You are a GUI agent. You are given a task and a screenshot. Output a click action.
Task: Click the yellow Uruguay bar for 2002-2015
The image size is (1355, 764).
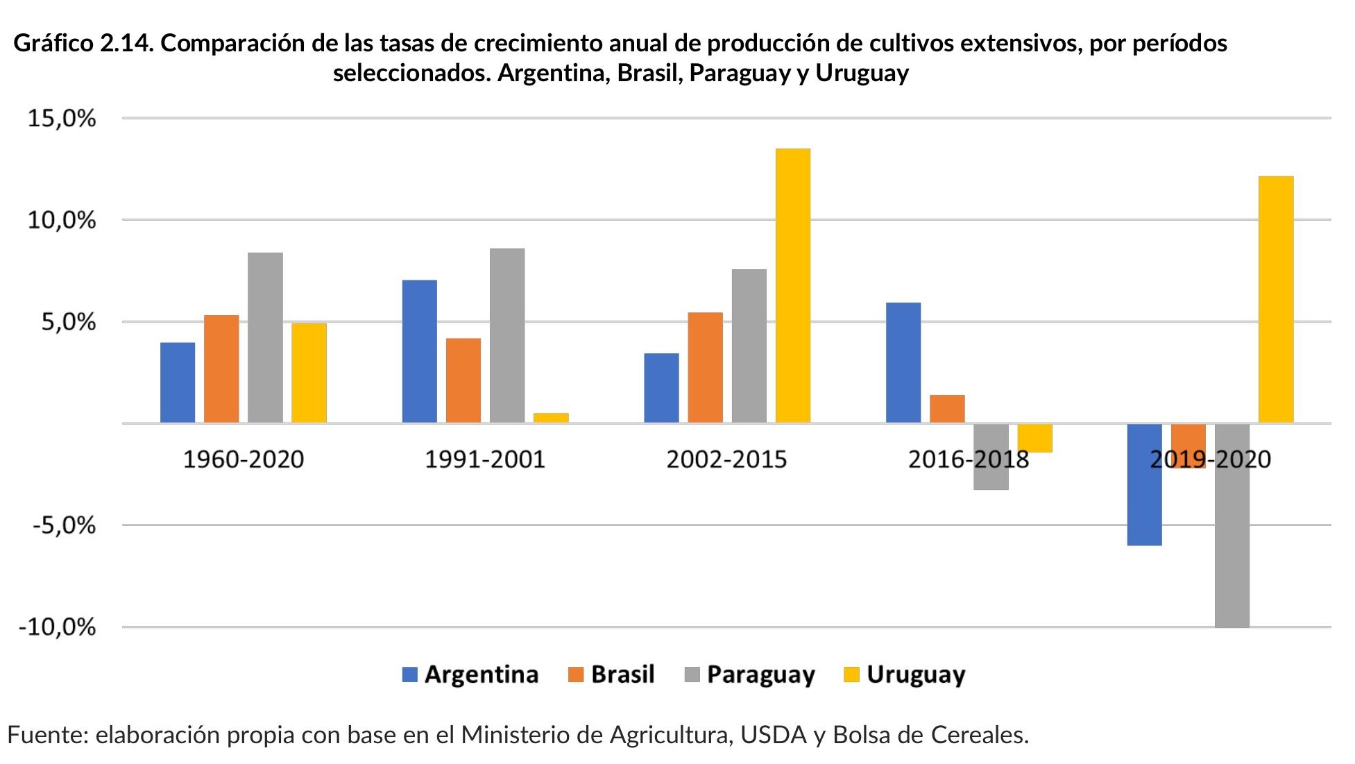pyautogui.click(x=792, y=285)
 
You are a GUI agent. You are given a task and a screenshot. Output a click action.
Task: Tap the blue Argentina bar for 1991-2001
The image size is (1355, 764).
pyautogui.click(x=419, y=351)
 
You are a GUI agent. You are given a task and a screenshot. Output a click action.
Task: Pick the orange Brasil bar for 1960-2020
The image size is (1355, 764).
pyautogui.click(x=221, y=368)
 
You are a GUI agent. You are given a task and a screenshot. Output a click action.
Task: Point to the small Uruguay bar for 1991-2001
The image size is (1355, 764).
pyautogui.click(x=551, y=418)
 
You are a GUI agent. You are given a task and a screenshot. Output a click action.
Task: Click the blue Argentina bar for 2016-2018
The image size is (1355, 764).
pyautogui.click(x=903, y=362)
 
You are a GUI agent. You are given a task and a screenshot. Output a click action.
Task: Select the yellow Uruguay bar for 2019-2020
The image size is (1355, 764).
pyautogui.click(x=1276, y=299)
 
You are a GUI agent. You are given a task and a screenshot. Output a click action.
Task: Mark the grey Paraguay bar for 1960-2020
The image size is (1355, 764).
pyautogui.click(x=265, y=337)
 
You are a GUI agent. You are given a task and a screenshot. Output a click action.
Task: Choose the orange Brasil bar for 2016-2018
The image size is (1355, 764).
pyautogui.click(x=947, y=409)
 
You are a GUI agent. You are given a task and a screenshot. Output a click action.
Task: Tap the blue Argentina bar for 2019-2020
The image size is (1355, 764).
pyautogui.click(x=1144, y=484)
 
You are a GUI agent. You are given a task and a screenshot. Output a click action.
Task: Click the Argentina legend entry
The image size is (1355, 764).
pyautogui.click(x=470, y=674)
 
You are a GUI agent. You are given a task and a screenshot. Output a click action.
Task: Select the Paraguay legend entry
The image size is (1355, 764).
pyautogui.click(x=749, y=674)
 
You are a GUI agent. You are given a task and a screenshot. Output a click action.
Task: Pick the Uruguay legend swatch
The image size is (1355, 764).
pyautogui.click(x=851, y=674)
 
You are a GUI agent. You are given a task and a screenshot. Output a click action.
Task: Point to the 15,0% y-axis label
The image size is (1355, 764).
pyautogui.click(x=61, y=119)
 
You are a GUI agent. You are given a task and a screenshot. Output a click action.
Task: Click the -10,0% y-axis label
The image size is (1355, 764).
pyautogui.click(x=57, y=627)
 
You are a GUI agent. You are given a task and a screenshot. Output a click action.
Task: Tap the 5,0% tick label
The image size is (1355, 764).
pyautogui.click(x=68, y=322)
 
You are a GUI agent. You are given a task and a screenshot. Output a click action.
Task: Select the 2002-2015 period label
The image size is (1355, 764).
pyautogui.click(x=726, y=459)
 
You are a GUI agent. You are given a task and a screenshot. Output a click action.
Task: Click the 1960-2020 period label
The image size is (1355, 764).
pyautogui.click(x=243, y=459)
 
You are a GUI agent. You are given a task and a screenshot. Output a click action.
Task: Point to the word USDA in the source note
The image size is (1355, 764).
pyautogui.click(x=774, y=735)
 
